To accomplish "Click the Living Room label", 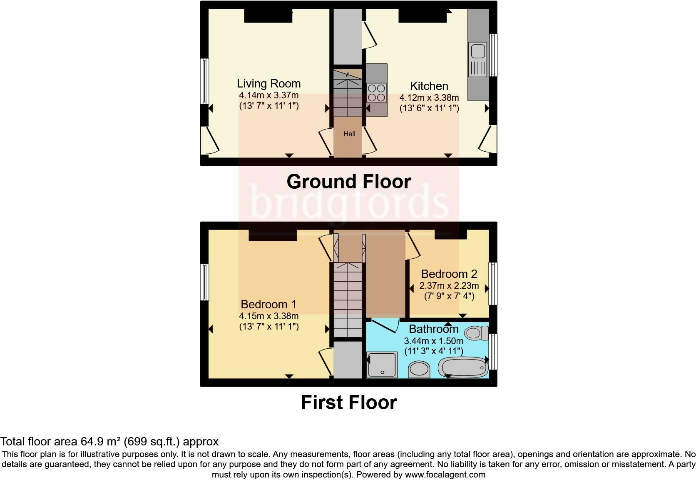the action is tap(269, 84).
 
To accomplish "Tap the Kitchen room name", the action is tap(429, 86).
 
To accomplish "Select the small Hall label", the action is tap(349, 134).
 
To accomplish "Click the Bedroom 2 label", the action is tap(449, 274).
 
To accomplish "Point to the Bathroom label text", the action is tap(433, 329).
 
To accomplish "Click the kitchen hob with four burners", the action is tap(376, 92).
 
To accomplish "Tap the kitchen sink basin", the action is tap(478, 51).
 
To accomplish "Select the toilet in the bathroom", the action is tap(477, 333).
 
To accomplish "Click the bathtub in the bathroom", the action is tap(463, 367).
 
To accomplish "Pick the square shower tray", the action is tap(382, 365).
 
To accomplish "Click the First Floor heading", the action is tap(348, 402).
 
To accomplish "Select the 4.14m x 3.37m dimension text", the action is tap(269, 95).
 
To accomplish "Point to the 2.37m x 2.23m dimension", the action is tap(449, 285).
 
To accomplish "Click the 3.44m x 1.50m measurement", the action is tap(433, 341).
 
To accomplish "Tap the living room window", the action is tap(204, 81).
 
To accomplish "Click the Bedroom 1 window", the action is tap(204, 282).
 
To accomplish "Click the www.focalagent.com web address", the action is tap(445, 475).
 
